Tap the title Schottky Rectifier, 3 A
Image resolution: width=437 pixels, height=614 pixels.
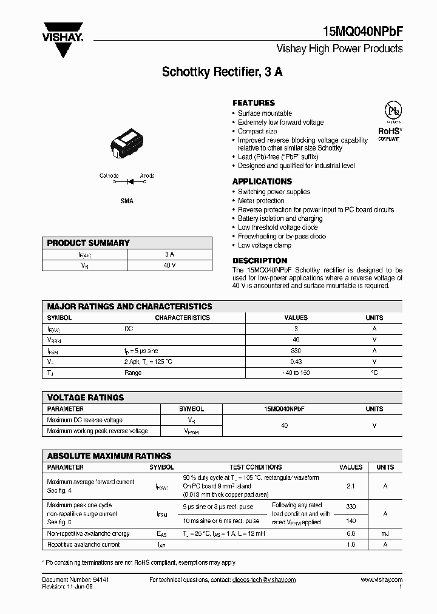[x=222, y=72]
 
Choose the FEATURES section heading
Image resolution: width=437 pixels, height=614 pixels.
[x=254, y=103]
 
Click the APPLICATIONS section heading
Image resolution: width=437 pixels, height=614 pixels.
[x=262, y=181]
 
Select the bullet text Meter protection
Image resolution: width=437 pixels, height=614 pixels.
[x=261, y=201]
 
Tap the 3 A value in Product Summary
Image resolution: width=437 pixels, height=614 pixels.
[x=169, y=254]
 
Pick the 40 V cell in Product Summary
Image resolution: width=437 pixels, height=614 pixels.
[x=169, y=265]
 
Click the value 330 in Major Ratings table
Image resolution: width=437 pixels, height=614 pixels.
[x=296, y=351]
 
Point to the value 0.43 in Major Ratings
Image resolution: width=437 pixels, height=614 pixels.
[x=296, y=362]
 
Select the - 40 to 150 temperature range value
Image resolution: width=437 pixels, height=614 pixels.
[x=296, y=373]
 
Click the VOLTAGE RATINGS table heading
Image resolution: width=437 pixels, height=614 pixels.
[x=86, y=397]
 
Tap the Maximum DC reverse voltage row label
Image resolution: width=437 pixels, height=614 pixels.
[x=84, y=420]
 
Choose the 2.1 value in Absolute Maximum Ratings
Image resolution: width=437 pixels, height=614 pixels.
[x=350, y=486]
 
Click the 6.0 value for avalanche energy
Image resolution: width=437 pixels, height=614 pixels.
[x=350, y=533]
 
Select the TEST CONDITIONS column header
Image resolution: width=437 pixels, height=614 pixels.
[x=256, y=467]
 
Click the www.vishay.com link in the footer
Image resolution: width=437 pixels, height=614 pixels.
[x=381, y=580]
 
